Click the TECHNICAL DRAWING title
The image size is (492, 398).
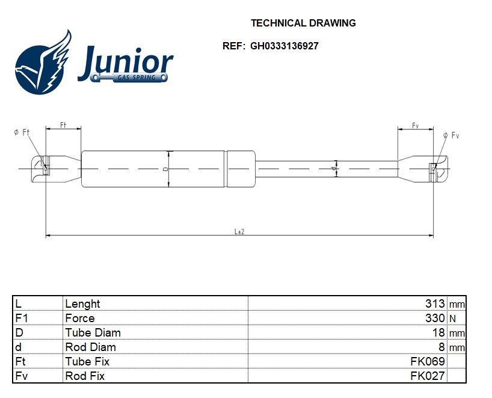pyautogui.click(x=303, y=23)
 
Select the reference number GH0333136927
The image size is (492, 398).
pyautogui.click(x=284, y=46)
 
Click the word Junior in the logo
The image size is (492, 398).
pyautogui.click(x=126, y=63)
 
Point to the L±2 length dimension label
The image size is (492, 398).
pyautogui.click(x=239, y=231)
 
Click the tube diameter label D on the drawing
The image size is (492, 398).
pyautogui.click(x=166, y=169)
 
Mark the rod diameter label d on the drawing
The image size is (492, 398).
pyautogui.click(x=334, y=169)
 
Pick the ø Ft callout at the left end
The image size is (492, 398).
pyautogui.click(x=22, y=132)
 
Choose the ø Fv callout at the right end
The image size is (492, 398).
pyautogui.click(x=451, y=135)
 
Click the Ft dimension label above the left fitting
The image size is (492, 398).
pyautogui.click(x=63, y=125)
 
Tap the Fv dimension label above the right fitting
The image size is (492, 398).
pyautogui.click(x=415, y=125)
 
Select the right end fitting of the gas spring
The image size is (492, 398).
pyautogui.click(x=423, y=169)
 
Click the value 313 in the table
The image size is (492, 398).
pyautogui.click(x=435, y=303)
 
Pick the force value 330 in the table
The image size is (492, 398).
pyautogui.click(x=435, y=318)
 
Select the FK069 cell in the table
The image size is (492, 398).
pyautogui.click(x=428, y=361)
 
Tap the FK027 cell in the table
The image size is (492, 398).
pyautogui.click(x=428, y=376)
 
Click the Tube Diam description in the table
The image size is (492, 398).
pyautogui.click(x=93, y=332)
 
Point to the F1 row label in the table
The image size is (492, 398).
pyautogui.click(x=22, y=318)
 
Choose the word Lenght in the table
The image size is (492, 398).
pyautogui.click(x=82, y=303)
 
